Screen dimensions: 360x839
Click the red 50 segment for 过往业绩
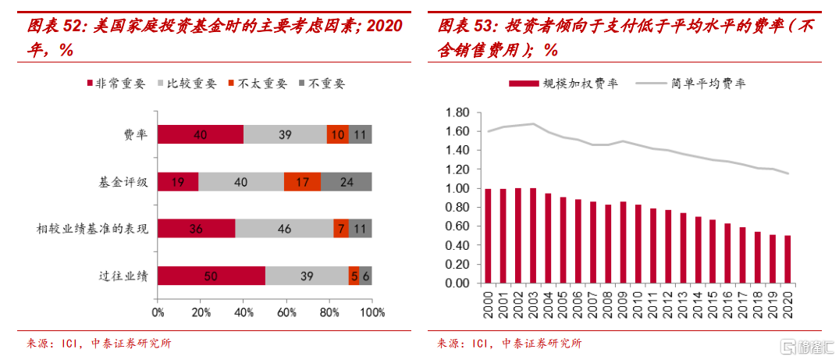pos(211,276)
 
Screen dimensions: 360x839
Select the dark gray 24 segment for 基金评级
pos(346,181)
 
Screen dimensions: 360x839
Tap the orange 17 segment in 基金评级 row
pos(302,181)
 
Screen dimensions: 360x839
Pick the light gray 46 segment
pos(284,229)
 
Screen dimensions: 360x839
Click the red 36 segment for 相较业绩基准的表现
pos(196,229)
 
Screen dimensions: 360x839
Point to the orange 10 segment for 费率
pos(337,134)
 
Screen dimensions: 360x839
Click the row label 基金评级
pos(123,182)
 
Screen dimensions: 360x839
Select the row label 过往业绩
pos(123,276)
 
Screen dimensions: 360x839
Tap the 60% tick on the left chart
pos(286,313)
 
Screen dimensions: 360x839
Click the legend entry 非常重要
pos(114,83)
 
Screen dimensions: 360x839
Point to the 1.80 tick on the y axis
pos(456,112)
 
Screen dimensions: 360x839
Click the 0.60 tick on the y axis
pos(456,226)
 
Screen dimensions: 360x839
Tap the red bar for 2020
pos(787,259)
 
